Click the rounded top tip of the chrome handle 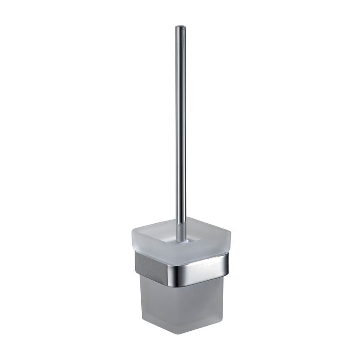tap(180, 27)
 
